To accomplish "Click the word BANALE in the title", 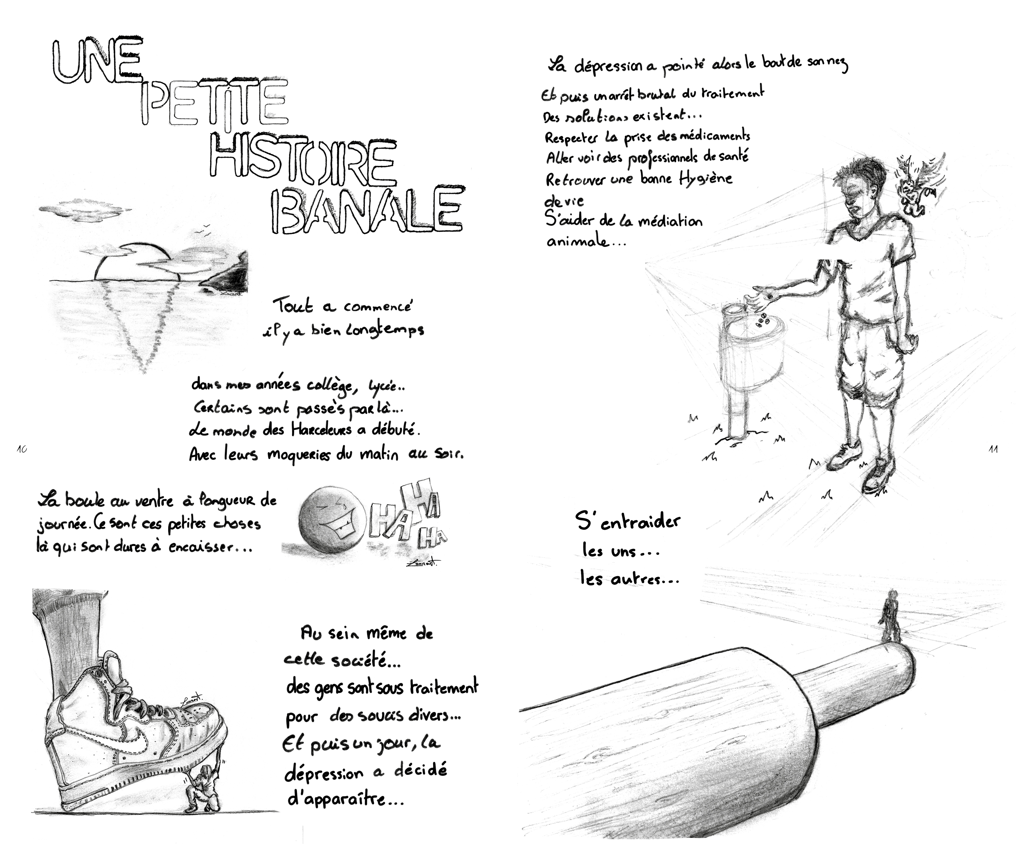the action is point(366,210).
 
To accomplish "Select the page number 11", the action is point(993,449).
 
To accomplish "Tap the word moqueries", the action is point(299,456).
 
